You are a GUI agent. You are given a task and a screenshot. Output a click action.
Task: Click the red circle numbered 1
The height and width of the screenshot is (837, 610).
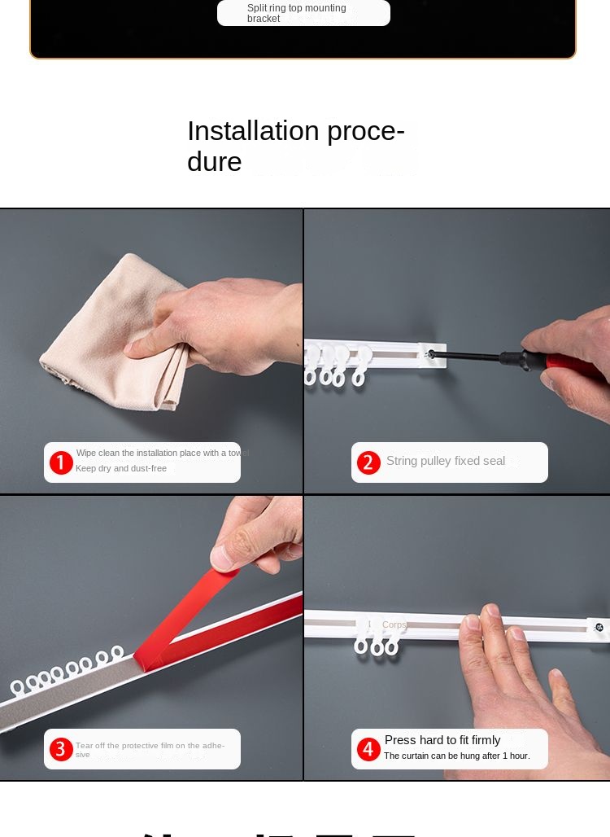(61, 462)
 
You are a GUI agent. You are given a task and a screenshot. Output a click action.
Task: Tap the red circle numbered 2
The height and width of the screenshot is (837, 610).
(368, 462)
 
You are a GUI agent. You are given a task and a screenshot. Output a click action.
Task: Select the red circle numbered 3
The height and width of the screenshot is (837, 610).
(61, 749)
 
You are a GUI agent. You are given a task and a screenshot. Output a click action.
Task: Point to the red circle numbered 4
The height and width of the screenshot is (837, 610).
(368, 749)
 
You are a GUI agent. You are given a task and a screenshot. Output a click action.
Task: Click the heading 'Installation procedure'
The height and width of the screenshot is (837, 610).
(296, 146)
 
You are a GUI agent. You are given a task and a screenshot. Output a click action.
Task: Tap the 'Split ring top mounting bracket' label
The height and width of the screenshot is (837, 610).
(297, 13)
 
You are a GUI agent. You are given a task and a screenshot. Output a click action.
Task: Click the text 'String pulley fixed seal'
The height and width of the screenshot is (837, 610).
(446, 461)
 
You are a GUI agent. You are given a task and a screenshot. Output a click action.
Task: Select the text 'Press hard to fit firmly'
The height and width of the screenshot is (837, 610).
(442, 740)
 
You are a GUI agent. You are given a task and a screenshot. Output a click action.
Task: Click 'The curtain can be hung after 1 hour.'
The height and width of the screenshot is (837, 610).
(456, 756)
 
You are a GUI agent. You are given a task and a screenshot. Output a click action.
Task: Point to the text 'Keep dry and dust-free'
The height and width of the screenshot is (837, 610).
(121, 468)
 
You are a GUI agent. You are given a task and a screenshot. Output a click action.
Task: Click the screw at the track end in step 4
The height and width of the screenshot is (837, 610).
(599, 628)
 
